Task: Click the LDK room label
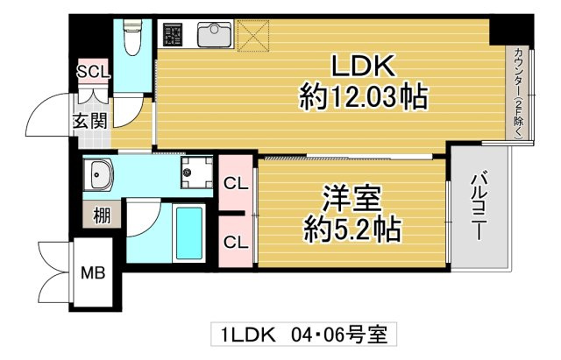click(364, 67)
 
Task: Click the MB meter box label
click(93, 272)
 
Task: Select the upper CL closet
click(234, 184)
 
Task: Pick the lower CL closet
click(234, 241)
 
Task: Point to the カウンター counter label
click(519, 93)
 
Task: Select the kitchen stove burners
click(173, 35)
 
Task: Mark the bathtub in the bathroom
click(188, 231)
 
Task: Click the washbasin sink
click(98, 174)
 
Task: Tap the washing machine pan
click(197, 173)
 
